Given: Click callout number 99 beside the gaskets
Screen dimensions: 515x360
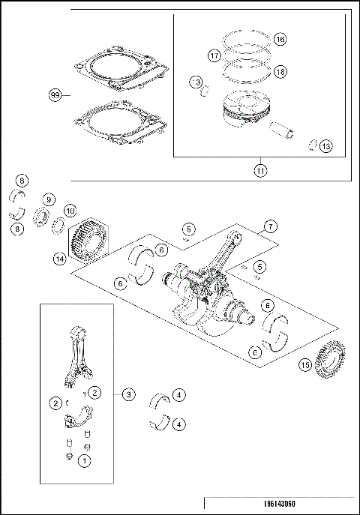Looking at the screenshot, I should (54, 95).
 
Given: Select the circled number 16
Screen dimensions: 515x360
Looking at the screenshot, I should (280, 39).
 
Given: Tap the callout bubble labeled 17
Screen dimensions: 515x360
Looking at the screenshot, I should (214, 55).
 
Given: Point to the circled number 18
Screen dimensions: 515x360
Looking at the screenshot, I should (280, 71).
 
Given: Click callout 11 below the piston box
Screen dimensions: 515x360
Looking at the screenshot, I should (260, 169).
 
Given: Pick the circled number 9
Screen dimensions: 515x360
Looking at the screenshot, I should (48, 199).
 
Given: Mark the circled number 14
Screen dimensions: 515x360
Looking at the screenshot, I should (59, 259).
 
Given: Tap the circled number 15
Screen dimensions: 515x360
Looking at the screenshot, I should (304, 365).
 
